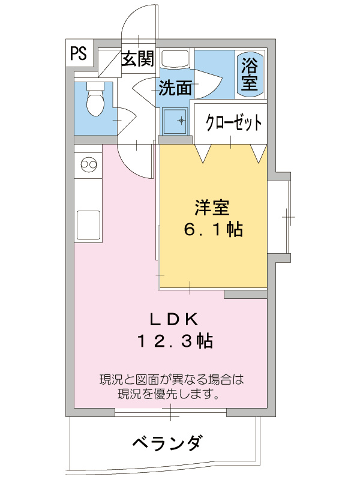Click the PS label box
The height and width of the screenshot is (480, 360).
coord(79,54)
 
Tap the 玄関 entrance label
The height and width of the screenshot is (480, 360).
coord(138,59)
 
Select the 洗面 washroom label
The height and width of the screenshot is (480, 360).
coord(175,89)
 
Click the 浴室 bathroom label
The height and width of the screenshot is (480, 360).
coord(250,74)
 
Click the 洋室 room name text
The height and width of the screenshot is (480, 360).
coord(212,208)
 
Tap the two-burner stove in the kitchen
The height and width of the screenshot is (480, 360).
coord(88,164)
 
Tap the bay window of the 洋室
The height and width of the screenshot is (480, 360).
coord(282,216)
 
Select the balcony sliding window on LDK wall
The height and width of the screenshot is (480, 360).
coord(170,412)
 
